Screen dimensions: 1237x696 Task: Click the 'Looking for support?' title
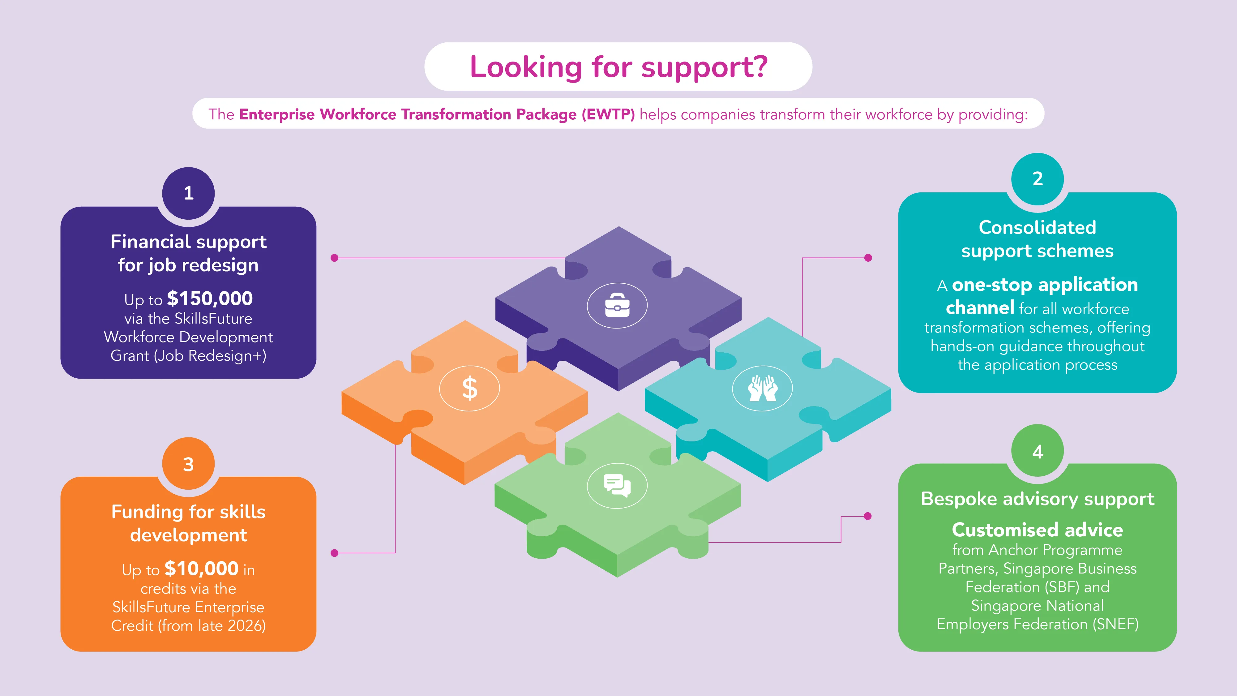pyautogui.click(x=618, y=67)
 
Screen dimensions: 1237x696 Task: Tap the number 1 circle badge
pyautogui.click(x=189, y=193)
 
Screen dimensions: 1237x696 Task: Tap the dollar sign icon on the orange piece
pyautogui.click(x=470, y=388)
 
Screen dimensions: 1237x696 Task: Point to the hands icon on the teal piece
pyautogui.click(x=763, y=388)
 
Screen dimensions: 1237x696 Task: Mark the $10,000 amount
pyautogui.click(x=202, y=569)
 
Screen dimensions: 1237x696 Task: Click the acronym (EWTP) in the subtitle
pyautogui.click(x=608, y=114)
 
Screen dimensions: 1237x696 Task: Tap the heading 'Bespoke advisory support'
pyautogui.click(x=1038, y=499)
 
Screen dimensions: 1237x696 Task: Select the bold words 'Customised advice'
pyautogui.click(x=1038, y=530)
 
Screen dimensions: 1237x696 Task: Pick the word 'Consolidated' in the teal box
pyautogui.click(x=1038, y=227)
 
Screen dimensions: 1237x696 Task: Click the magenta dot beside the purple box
pyautogui.click(x=335, y=258)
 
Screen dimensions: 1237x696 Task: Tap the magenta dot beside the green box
pyautogui.click(x=868, y=516)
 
